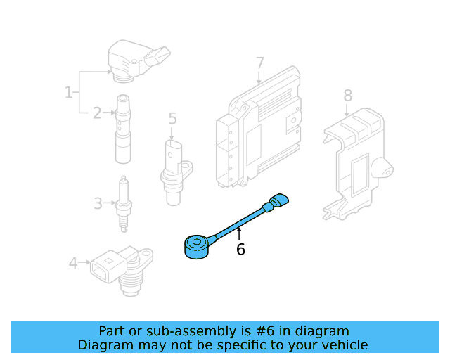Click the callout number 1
[x=69, y=92]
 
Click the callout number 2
[x=97, y=111]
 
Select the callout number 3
[x=98, y=204]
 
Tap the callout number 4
[x=73, y=264]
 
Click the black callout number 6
[x=240, y=250]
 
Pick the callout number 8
[x=347, y=95]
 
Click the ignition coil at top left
[x=134, y=59]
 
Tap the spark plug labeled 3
[x=124, y=204]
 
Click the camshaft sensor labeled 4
[x=120, y=267]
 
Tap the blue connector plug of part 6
[x=279, y=202]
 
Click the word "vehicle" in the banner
[x=342, y=345]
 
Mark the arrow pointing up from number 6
[x=240, y=232]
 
